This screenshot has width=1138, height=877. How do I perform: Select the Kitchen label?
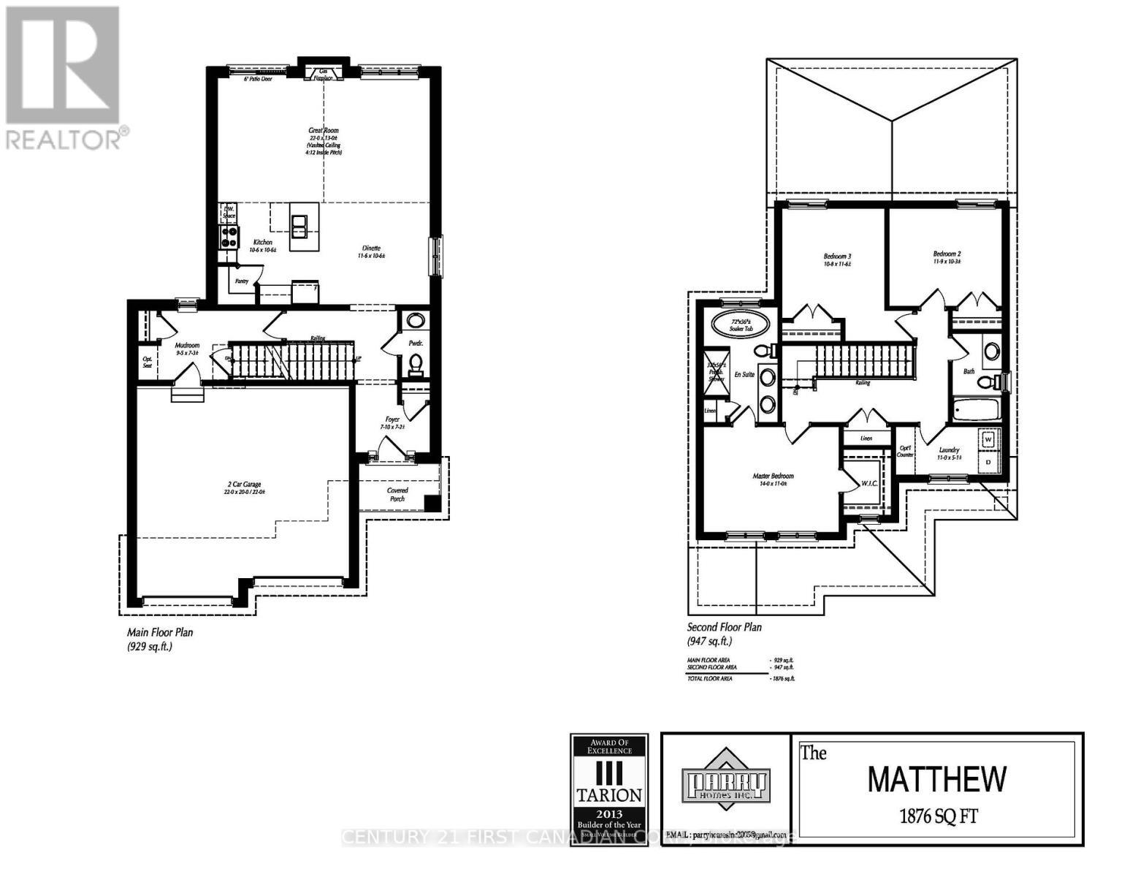point(262,242)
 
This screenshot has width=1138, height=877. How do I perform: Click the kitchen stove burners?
point(229,235)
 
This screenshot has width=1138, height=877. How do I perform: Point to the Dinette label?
point(370,248)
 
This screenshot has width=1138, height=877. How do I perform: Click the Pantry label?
point(241,281)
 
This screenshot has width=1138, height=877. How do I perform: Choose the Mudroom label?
point(187,345)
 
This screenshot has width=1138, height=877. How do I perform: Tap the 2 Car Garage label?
point(243,484)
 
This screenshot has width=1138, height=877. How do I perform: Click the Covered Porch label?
point(397,494)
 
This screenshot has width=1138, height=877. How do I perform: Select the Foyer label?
point(393,419)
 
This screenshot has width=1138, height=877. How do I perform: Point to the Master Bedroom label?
point(773,476)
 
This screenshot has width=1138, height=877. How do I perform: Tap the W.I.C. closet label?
point(869,483)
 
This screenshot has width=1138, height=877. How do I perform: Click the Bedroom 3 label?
point(837,257)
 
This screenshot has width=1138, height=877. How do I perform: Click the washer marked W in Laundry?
point(989,440)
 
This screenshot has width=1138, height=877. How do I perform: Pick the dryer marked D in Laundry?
point(989,462)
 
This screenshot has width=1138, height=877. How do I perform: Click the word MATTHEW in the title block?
point(936,780)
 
